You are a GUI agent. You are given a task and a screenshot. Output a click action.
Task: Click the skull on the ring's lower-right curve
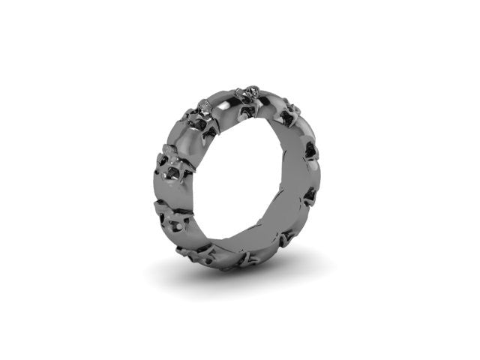289,238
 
